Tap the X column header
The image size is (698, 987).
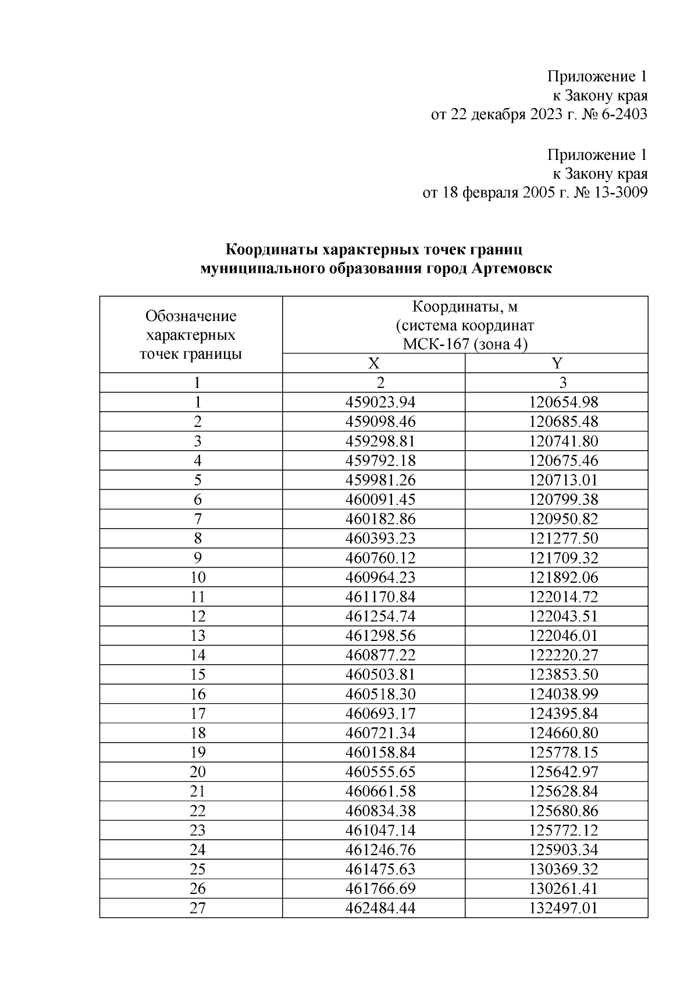373,364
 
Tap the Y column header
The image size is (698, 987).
557,364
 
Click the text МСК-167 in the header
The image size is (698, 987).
436,344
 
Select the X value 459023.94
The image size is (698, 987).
380,402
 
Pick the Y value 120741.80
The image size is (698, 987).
564,441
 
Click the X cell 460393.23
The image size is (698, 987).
380,538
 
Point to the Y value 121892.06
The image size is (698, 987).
564,577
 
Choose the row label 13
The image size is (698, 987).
198,636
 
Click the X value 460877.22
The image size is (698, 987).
380,655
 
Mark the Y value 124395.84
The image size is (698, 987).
564,714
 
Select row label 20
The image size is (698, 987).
198,772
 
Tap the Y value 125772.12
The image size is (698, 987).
564,830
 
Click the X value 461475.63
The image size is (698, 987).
380,869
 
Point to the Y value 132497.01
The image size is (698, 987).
564,908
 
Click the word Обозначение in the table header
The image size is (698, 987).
191,316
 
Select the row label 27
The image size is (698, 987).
198,908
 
